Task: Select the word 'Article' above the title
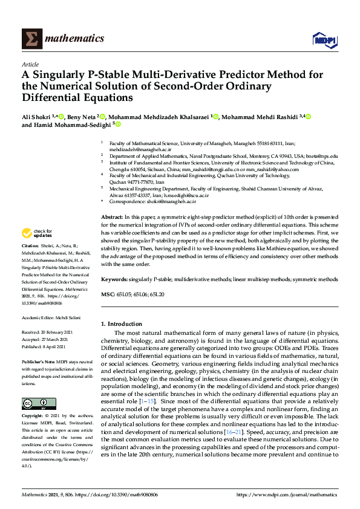[30, 64]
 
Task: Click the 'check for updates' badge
[36, 233]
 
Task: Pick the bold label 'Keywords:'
[114, 280]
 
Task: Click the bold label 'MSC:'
[107, 294]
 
